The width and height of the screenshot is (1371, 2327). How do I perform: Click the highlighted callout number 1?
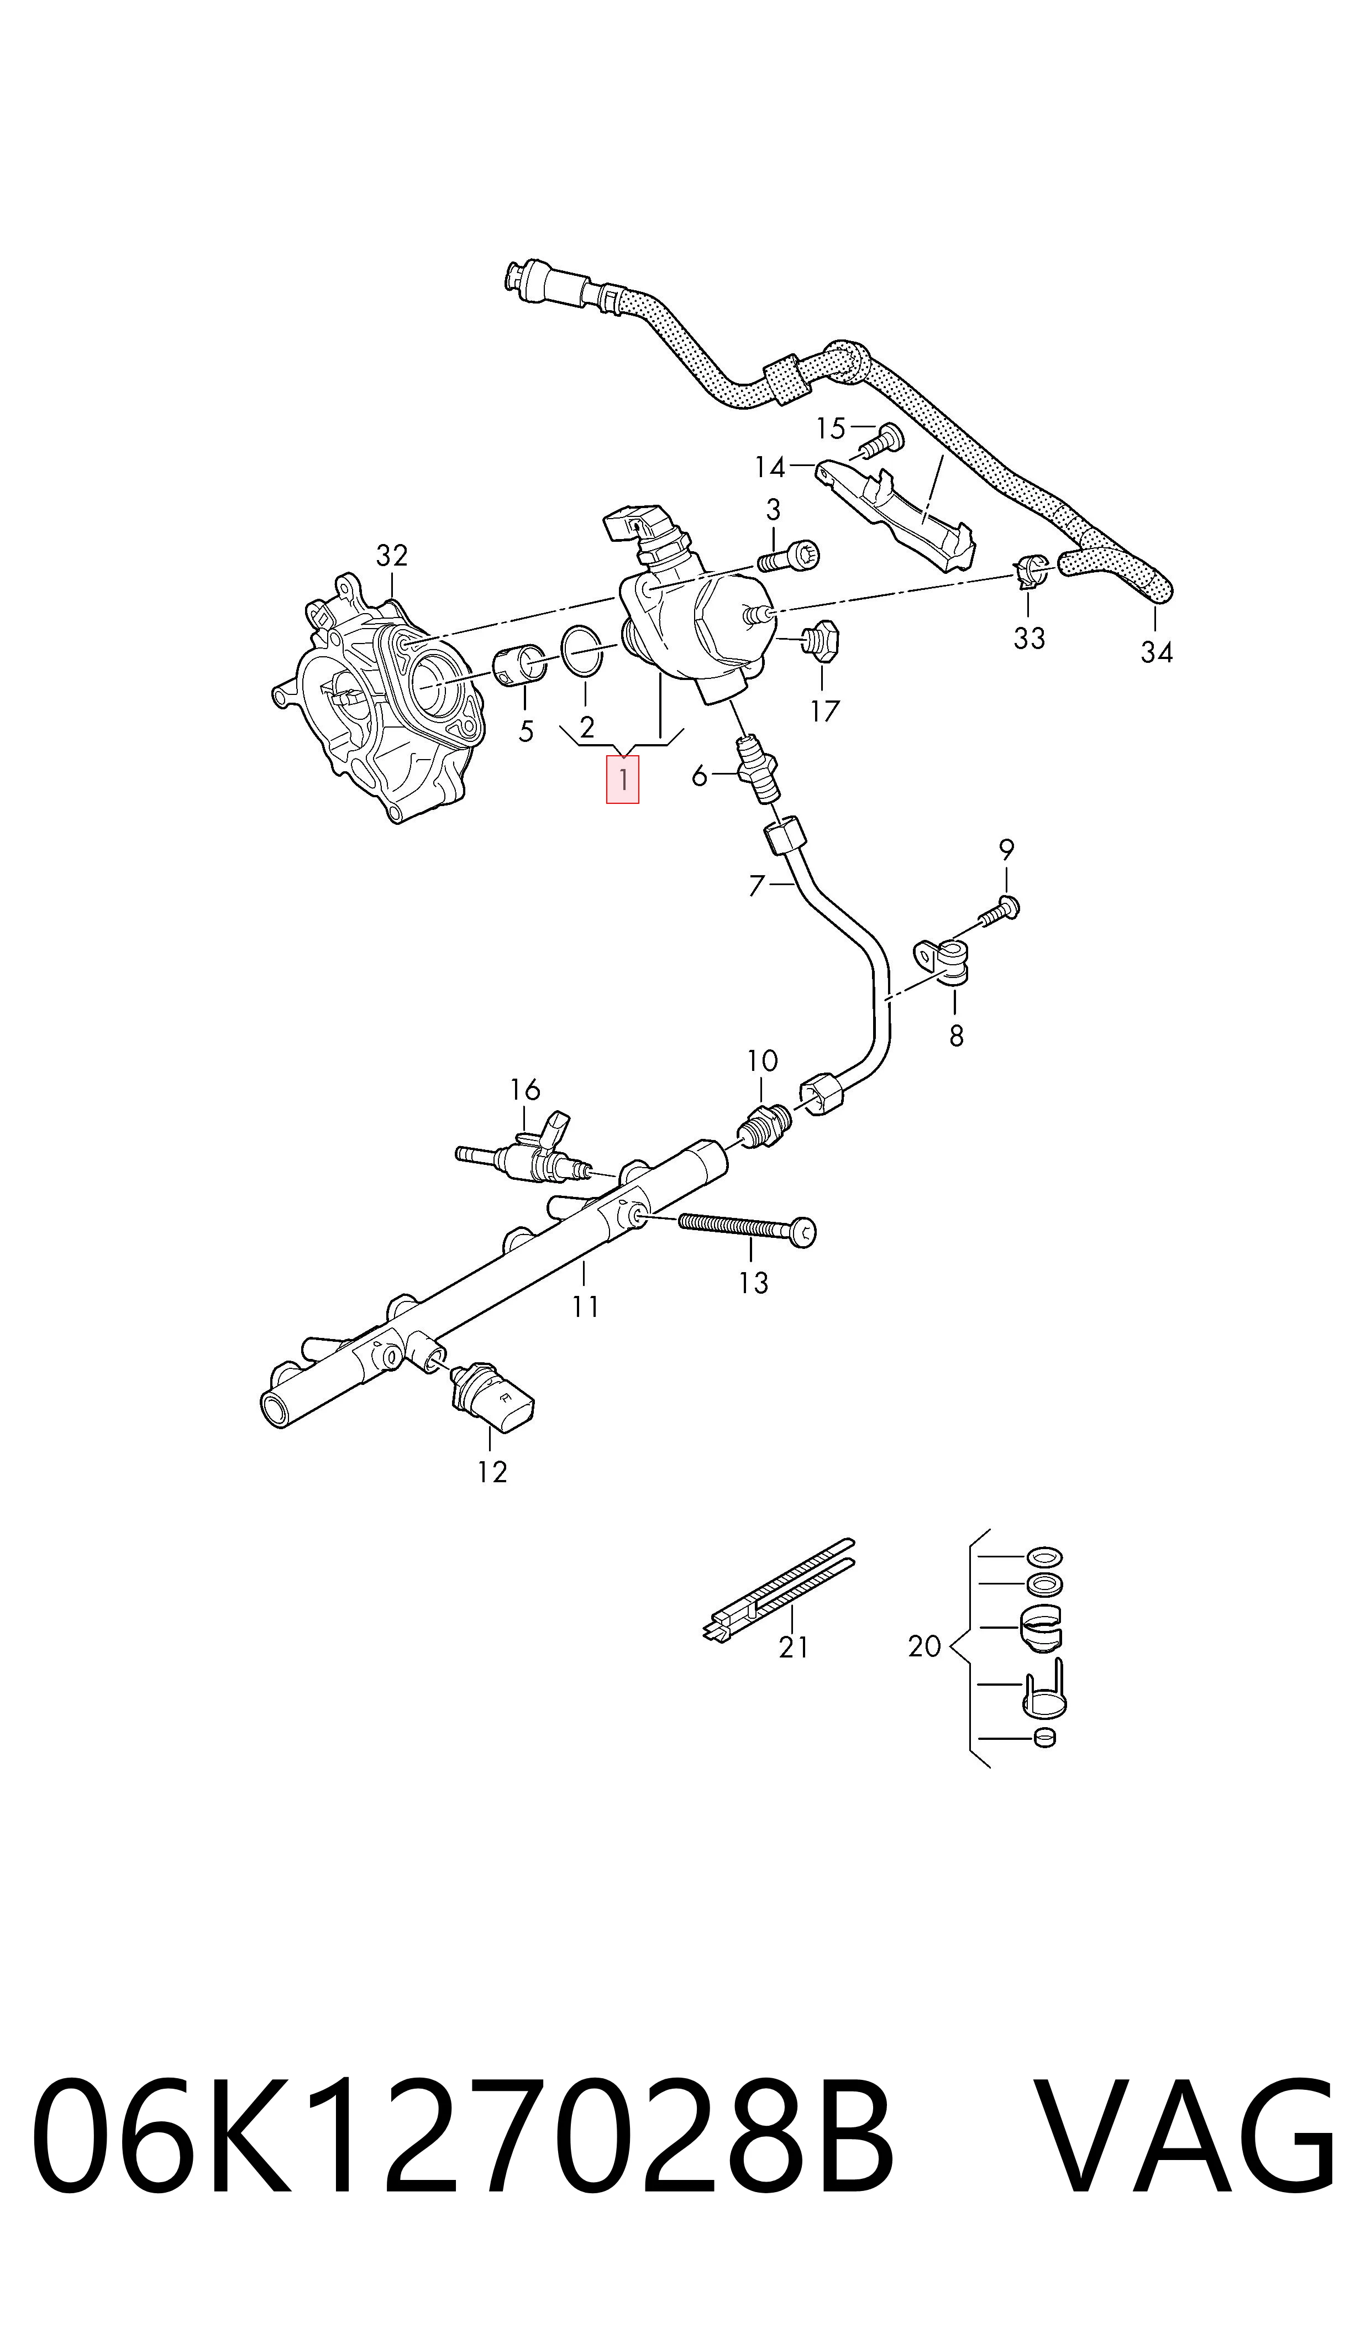623,779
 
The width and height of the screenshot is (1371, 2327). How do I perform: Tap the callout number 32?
392,556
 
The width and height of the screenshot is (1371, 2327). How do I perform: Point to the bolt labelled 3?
789,557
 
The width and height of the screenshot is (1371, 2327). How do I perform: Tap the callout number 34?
1155,652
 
